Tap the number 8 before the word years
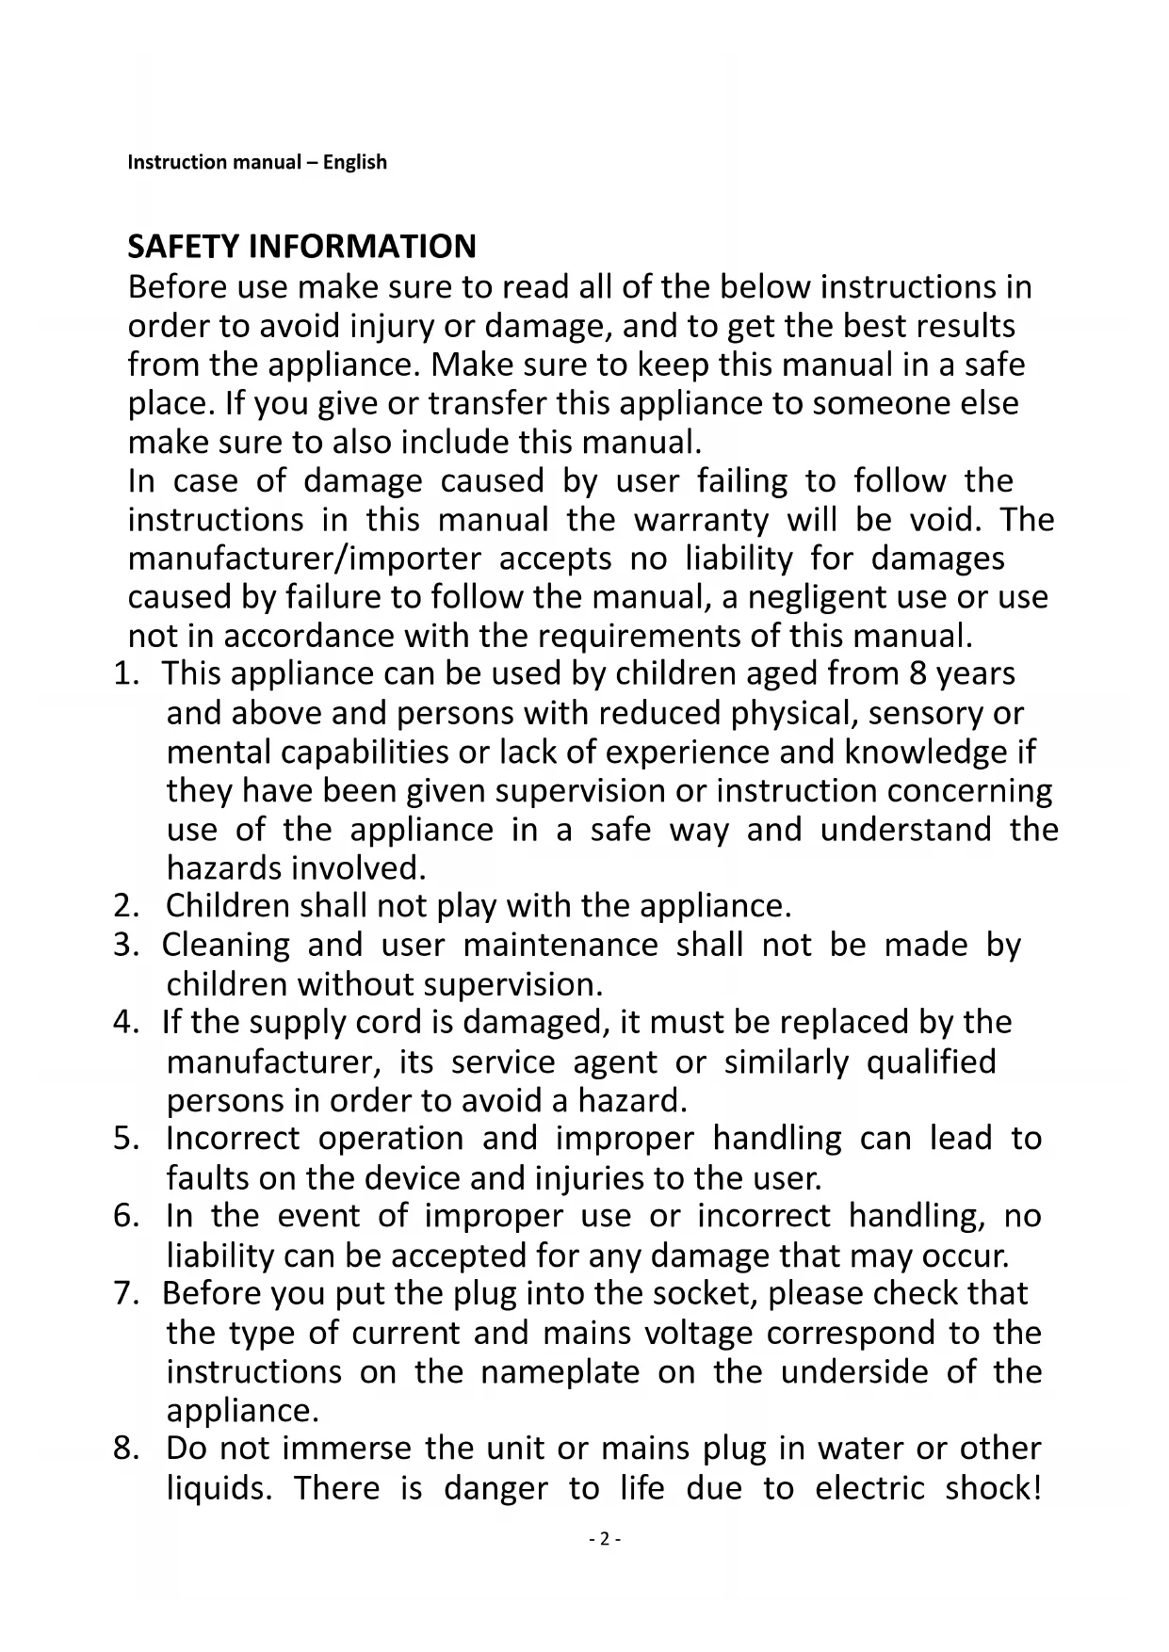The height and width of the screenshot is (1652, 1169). pos(918,674)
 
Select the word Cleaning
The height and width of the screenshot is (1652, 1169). pos(226,945)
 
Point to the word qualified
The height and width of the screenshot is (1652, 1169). pos(930,1061)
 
